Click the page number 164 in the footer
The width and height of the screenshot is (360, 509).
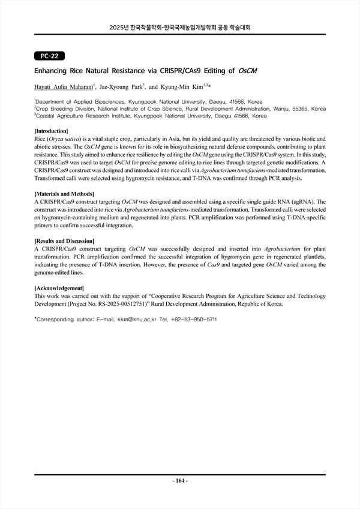(x=180, y=481)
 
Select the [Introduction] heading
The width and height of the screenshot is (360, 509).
(x=51, y=131)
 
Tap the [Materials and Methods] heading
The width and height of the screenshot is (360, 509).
(x=65, y=194)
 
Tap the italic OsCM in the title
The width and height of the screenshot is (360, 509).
(x=247, y=71)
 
